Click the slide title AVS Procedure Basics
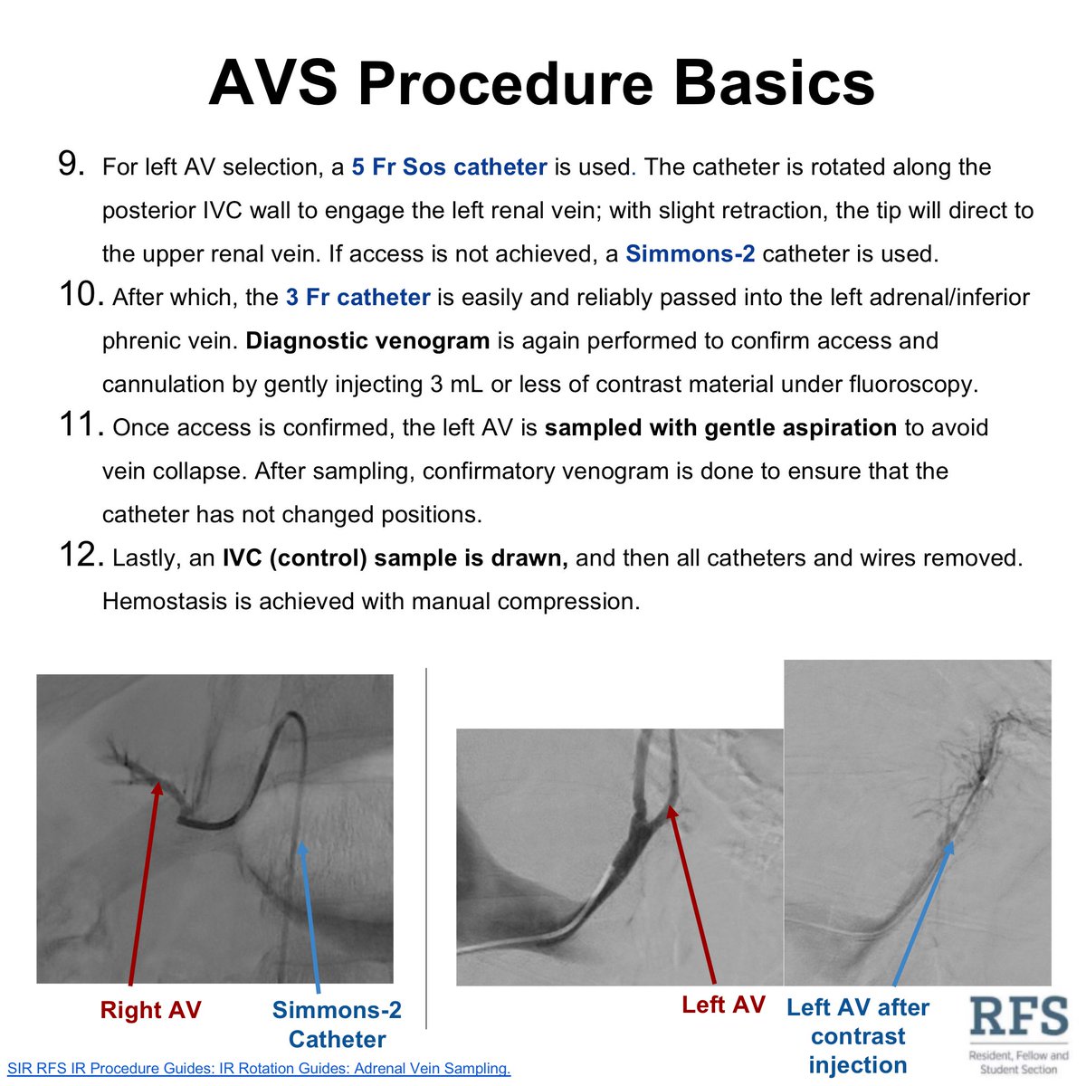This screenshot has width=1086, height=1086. (541, 83)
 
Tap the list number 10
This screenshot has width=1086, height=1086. (81, 296)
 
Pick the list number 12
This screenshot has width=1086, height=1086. (81, 557)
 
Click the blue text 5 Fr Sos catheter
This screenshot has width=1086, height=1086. (449, 167)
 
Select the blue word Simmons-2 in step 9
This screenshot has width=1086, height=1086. (690, 254)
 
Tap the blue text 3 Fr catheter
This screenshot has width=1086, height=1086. (357, 298)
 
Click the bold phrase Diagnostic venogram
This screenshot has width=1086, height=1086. (367, 341)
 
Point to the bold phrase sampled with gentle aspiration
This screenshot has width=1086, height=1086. (720, 428)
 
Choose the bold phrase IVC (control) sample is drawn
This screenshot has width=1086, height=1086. (395, 558)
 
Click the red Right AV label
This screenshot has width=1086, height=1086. (150, 1011)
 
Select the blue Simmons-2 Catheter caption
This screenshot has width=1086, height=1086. (337, 1024)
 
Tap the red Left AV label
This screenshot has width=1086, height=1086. (723, 1005)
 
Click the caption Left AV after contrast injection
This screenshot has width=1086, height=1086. (858, 1036)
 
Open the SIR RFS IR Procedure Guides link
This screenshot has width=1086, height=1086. (259, 1069)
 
